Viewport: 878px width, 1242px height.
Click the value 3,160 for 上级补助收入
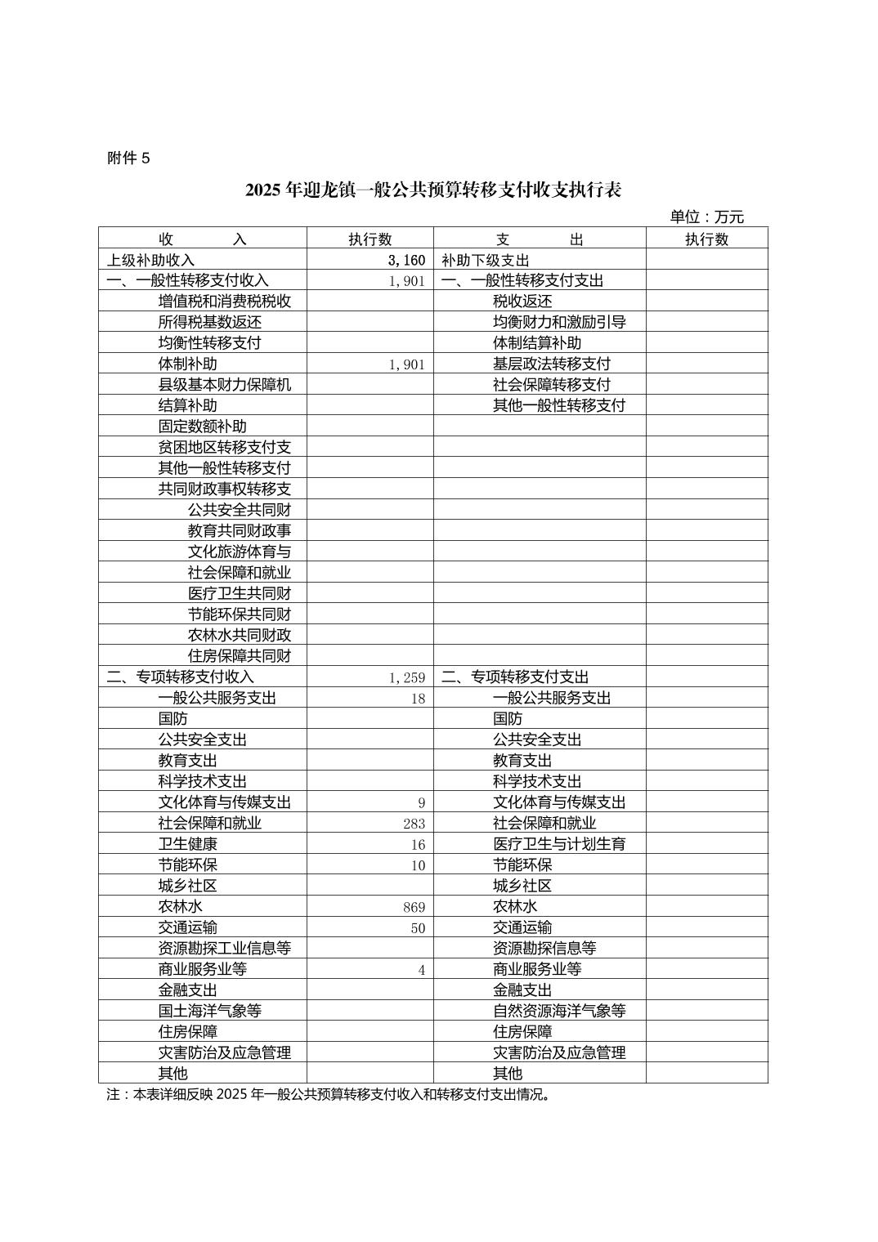[406, 260]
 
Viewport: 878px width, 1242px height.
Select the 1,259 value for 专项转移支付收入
[407, 677]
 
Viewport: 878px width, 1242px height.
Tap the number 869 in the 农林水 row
[414, 907]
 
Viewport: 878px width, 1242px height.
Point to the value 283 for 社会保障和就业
[414, 824]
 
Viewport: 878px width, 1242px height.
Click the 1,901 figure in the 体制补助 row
[407, 364]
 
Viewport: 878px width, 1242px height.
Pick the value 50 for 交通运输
[418, 928]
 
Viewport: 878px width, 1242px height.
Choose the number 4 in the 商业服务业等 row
[422, 970]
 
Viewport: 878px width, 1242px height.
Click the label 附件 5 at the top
[128, 159]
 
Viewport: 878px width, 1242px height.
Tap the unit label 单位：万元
[707, 217]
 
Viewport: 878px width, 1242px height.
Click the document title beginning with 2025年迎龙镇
[433, 190]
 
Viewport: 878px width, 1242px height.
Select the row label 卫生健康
[187, 844]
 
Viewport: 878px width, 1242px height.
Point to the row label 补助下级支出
[486, 260]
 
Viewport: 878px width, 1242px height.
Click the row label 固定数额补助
[202, 427]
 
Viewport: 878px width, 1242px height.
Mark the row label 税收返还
[522, 302]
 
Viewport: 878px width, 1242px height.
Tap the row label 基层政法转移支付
[551, 364]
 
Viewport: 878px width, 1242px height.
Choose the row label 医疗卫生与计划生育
[558, 844]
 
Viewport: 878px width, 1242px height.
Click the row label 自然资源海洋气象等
[558, 1011]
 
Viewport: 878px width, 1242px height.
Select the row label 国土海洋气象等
[209, 1011]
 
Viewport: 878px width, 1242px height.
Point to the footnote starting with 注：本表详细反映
[328, 1094]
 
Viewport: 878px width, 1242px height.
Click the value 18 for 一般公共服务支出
[418, 699]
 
